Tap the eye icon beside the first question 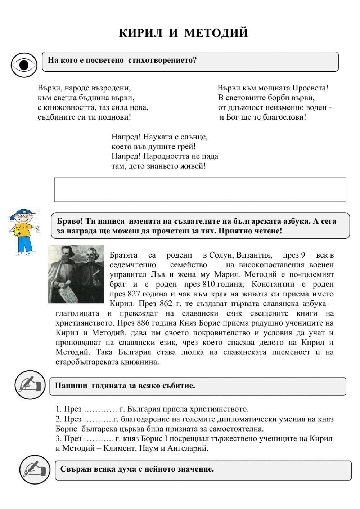point(24,65)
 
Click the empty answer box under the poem point(200,189)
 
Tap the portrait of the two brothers point(76,274)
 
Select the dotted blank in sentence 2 point(98,419)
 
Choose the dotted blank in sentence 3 point(98,439)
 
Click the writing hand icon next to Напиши point(30,386)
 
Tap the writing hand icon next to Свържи point(35,470)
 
